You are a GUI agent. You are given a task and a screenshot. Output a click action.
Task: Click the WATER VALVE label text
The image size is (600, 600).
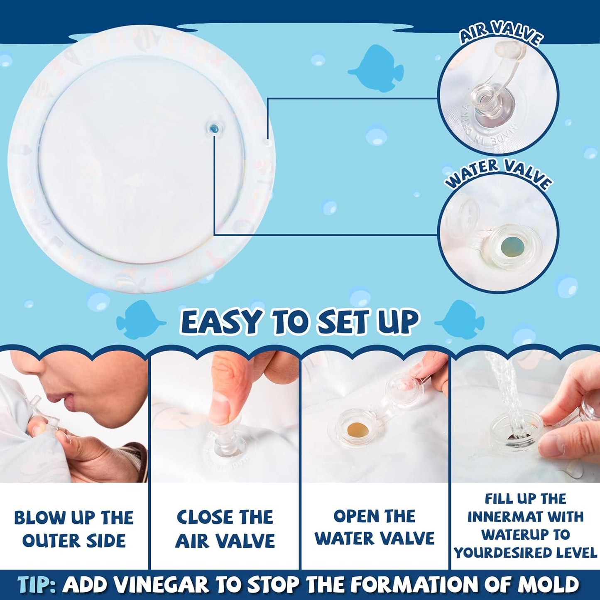(498, 173)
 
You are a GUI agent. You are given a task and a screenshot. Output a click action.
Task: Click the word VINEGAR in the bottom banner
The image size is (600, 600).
(160, 585)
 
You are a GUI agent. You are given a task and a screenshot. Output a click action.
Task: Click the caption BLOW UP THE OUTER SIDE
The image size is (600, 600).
(74, 529)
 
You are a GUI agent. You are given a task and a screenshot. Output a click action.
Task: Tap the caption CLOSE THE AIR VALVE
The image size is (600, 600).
(225, 529)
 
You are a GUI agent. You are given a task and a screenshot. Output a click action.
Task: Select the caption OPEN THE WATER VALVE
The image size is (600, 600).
(375, 527)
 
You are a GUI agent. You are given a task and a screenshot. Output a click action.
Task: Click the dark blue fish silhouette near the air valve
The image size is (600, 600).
(375, 69)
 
